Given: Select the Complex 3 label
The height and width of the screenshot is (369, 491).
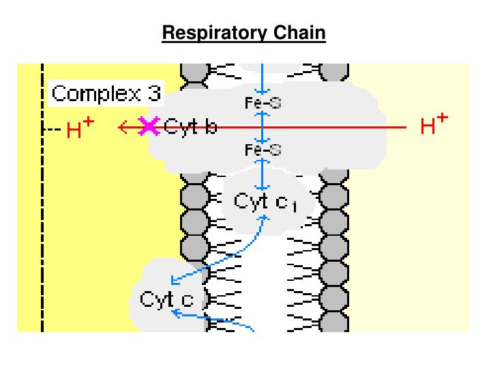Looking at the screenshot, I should click(x=106, y=94).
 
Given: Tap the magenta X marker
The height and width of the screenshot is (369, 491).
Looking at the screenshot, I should click(x=149, y=126).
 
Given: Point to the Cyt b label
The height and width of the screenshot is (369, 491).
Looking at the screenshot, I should click(x=190, y=127).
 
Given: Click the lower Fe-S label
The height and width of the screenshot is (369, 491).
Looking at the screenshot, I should click(x=263, y=150).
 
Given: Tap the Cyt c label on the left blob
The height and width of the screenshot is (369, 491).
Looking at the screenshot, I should click(x=166, y=299).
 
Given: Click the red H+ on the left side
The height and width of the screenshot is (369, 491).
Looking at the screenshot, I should click(x=80, y=129).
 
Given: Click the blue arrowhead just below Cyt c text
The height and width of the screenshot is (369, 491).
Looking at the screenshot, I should click(x=175, y=312).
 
